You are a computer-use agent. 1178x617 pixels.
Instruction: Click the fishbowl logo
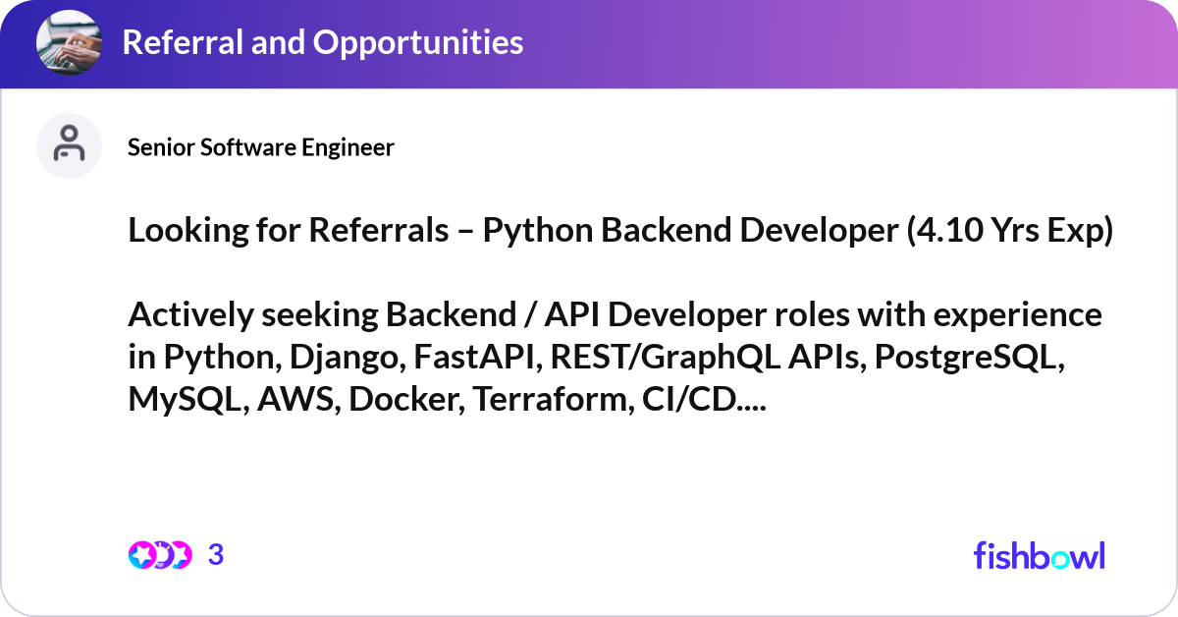click(1039, 555)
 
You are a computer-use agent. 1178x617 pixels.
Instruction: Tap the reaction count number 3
click(216, 555)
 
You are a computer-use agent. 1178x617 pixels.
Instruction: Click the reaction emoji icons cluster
click(159, 555)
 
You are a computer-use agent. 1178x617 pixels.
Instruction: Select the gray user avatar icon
click(69, 145)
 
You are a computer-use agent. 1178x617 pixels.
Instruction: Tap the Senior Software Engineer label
click(261, 147)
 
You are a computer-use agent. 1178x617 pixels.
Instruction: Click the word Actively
click(187, 315)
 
